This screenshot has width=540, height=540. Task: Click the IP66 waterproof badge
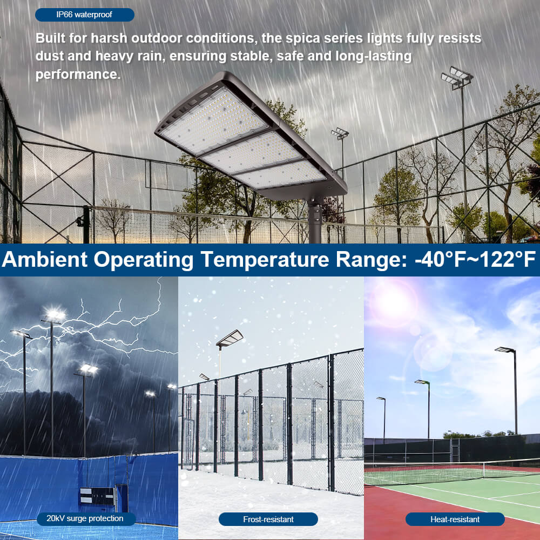point(84,15)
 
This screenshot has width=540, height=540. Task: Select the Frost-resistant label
point(268,519)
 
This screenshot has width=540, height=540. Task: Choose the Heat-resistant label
point(455,519)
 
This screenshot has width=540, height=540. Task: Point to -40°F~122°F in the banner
point(475,260)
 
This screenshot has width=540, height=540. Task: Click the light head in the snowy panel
point(230,339)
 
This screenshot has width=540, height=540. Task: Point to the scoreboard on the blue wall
point(97,496)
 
